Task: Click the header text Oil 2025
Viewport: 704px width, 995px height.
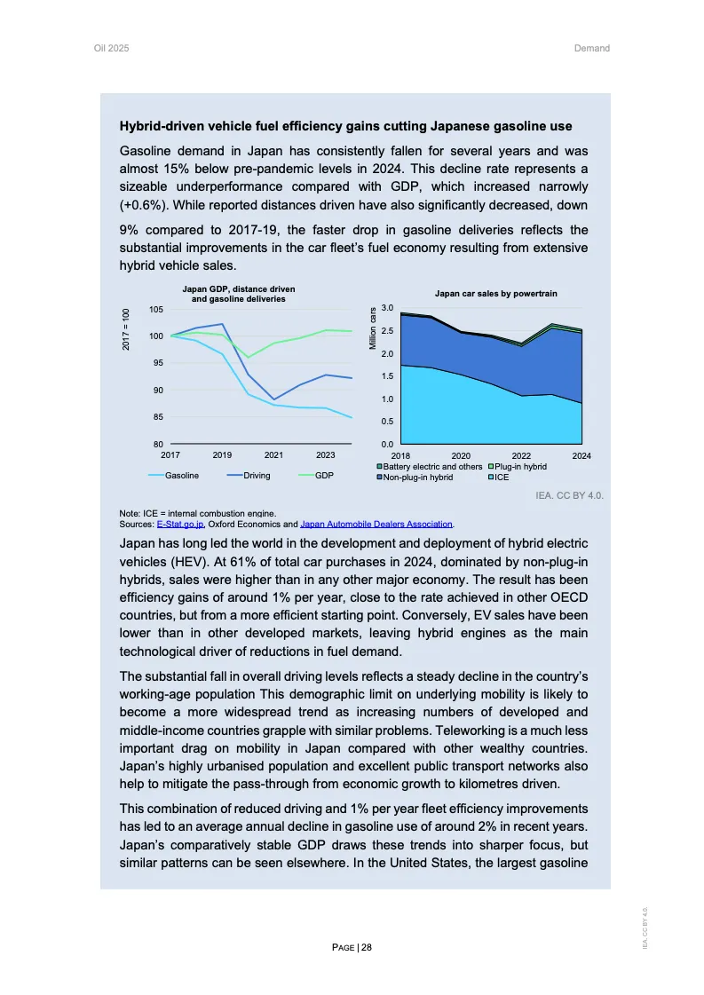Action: pos(111,48)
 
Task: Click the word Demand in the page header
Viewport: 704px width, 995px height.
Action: pos(592,48)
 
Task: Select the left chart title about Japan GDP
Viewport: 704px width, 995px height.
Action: pos(239,294)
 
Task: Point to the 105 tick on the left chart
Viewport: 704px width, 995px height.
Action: pos(155,309)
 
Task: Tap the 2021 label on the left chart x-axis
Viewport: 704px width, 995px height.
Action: pos(273,454)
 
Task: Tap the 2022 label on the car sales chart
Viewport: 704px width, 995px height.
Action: pos(521,454)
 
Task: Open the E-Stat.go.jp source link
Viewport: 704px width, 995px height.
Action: pos(180,524)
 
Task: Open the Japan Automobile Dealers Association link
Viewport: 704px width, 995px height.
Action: pos(377,524)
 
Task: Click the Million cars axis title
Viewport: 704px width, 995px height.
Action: pos(374,327)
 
